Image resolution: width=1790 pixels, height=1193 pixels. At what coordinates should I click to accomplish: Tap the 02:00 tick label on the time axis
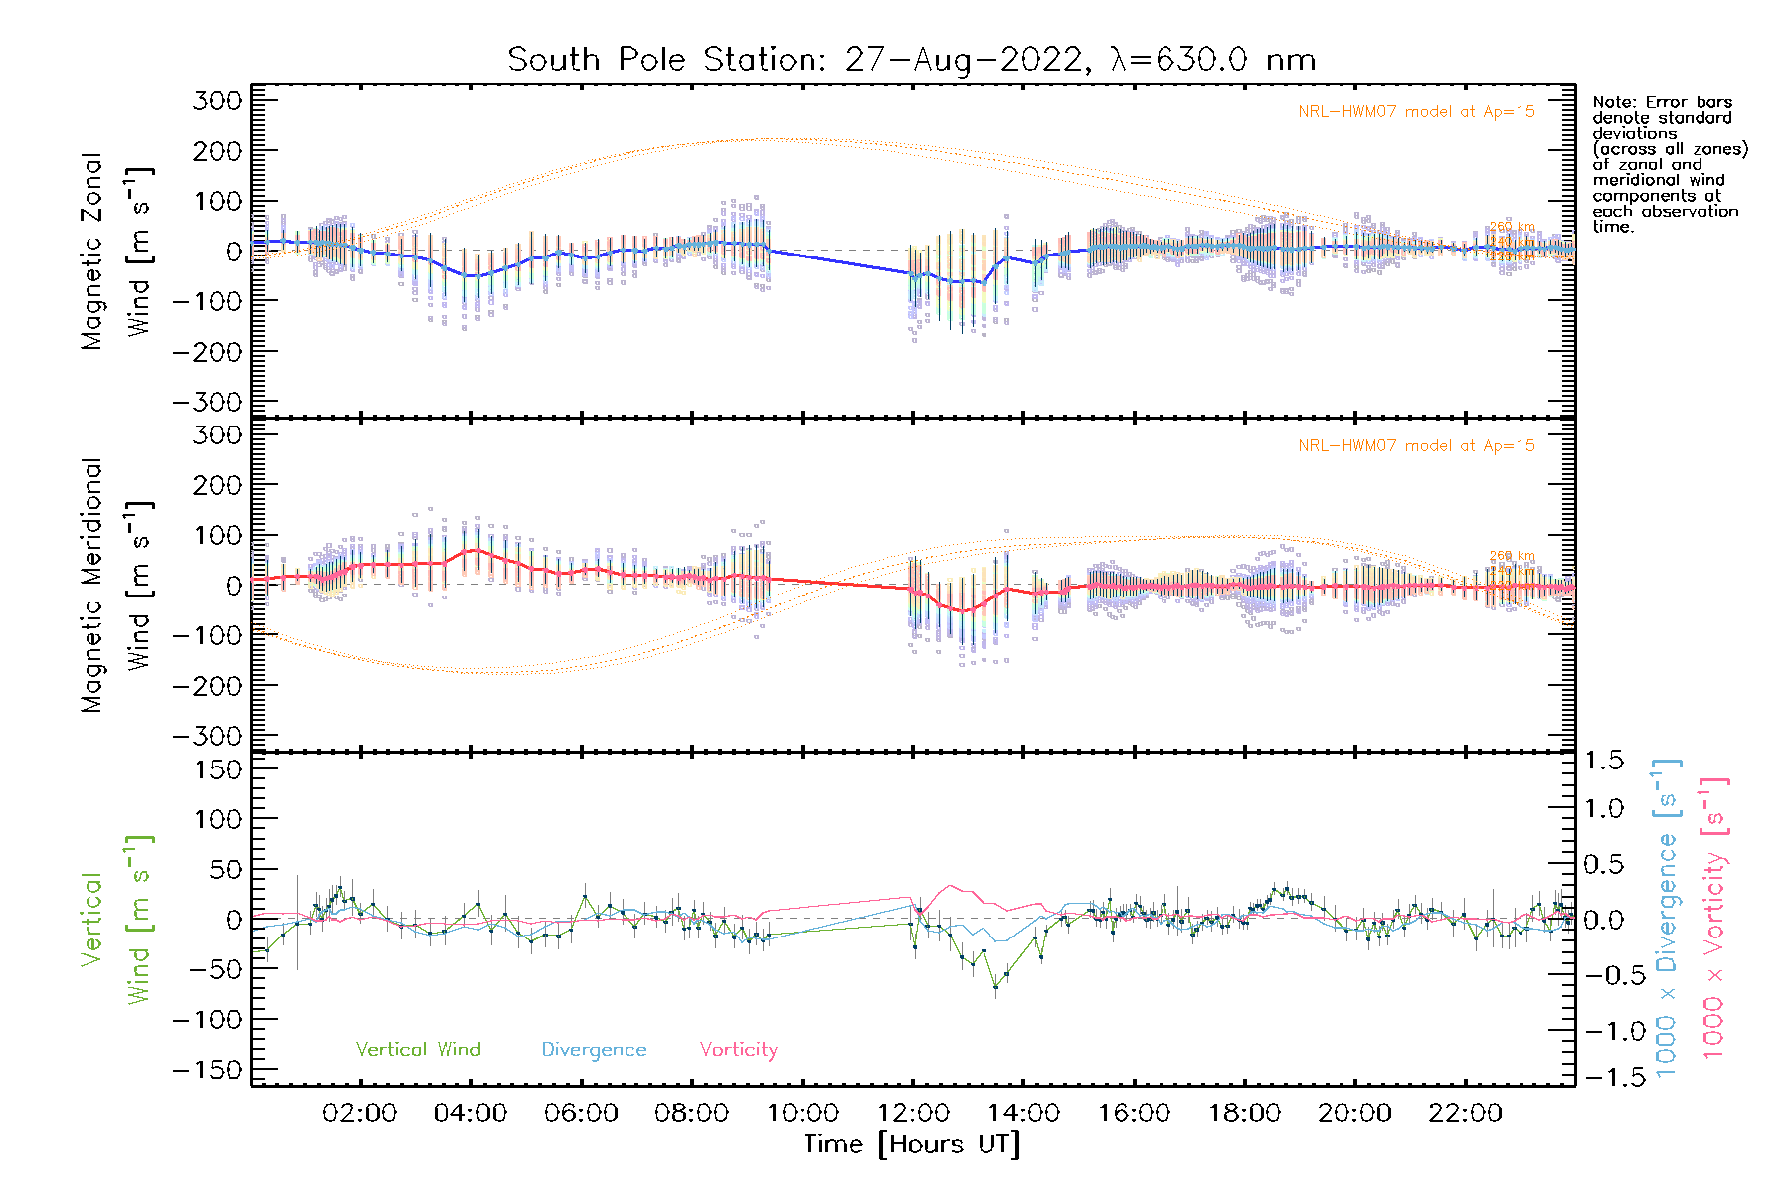[x=360, y=1113]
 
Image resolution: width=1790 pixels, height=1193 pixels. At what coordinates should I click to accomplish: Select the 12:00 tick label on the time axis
[x=913, y=1113]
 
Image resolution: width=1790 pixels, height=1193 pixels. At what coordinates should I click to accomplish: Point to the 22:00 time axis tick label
[x=1465, y=1113]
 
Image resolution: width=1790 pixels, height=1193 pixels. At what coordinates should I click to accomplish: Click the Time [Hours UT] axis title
[x=912, y=1144]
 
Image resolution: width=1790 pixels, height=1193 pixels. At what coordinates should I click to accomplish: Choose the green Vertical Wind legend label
[x=418, y=1049]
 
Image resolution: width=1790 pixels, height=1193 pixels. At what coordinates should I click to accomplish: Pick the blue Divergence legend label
[x=594, y=1049]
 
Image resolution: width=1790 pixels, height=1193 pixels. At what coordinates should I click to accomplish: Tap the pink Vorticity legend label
[x=738, y=1049]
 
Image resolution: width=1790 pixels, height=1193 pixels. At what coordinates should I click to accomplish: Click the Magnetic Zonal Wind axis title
[x=115, y=252]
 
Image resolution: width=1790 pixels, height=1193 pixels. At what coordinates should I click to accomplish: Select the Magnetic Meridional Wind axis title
[x=115, y=586]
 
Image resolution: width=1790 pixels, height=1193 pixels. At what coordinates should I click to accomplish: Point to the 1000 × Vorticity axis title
[x=1715, y=919]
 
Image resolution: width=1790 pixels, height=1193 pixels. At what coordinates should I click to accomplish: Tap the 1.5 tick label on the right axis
[x=1603, y=761]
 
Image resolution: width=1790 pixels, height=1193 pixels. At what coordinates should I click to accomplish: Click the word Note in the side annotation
[x=1612, y=102]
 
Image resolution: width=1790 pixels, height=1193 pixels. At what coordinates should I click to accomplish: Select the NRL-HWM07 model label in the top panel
[x=1416, y=112]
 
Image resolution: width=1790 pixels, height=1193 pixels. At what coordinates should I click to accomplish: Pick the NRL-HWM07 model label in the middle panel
[x=1416, y=446]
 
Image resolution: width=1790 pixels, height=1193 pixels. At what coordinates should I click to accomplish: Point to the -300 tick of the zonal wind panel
[x=207, y=402]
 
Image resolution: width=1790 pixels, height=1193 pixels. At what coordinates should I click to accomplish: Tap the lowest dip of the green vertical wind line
[x=995, y=986]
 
